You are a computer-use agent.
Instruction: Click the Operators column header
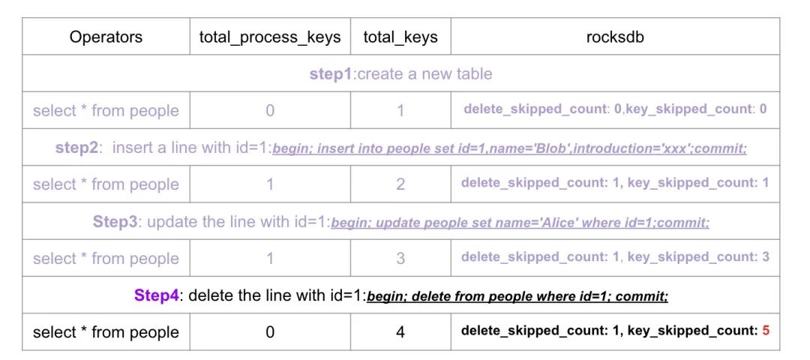tap(106, 37)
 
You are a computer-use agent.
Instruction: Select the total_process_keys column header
tap(270, 37)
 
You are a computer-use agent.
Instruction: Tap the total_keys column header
tap(400, 37)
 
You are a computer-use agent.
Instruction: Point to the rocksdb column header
tap(615, 37)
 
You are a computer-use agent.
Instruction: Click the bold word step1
tap(330, 74)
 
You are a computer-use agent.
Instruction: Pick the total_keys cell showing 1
tap(400, 111)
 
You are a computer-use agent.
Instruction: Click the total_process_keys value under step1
tap(270, 111)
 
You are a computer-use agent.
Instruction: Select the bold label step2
tap(76, 148)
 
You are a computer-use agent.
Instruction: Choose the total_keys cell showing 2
tap(400, 184)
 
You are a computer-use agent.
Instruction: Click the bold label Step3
tap(115, 222)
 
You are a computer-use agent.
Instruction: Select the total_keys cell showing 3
tap(400, 258)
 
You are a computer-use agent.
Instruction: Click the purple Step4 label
tap(157, 295)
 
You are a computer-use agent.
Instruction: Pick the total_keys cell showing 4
tap(400, 332)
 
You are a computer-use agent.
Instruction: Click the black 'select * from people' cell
tap(106, 332)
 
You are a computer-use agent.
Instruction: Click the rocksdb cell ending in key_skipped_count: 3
tap(615, 257)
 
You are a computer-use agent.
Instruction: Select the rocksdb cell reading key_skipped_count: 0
tap(615, 109)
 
